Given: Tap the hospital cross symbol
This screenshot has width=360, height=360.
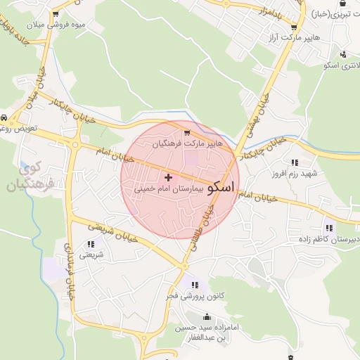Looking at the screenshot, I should coord(167,177).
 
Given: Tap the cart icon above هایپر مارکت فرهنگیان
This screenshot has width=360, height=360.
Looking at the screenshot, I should coord(187,132).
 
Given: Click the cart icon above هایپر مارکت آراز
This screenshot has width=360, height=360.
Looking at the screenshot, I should coord(293,27).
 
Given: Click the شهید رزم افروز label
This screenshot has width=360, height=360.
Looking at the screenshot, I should coord(296,173).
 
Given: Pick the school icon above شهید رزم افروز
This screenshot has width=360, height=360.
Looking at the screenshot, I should coord(294,162).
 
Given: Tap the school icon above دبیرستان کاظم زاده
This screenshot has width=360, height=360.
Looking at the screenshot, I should coord(328,227).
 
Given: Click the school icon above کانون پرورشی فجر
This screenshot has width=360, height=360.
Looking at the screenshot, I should coord(195,285).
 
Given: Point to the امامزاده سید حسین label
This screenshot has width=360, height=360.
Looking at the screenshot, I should coord(205,328).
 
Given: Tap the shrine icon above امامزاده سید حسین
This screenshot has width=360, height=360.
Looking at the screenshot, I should coord(205,316).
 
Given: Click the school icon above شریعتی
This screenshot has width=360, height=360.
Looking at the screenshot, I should coord(90,245).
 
